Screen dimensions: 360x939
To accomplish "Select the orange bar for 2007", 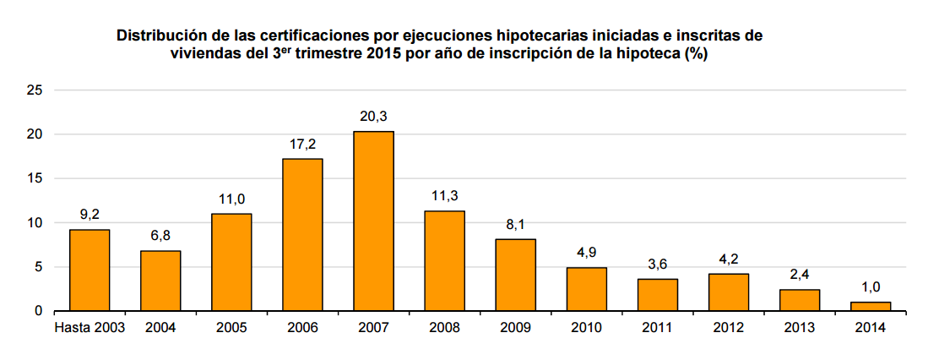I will [373, 221].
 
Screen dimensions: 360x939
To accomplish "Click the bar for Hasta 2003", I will [90, 270].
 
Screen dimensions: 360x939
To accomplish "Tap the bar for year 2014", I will [870, 307].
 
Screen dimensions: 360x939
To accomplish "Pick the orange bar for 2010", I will [586, 289].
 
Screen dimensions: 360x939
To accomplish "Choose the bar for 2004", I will [160, 281].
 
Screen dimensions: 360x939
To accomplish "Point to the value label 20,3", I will [373, 117].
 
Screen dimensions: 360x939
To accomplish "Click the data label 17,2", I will [302, 145].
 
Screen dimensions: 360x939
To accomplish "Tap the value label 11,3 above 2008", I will [444, 196].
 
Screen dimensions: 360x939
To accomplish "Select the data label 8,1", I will [515, 225].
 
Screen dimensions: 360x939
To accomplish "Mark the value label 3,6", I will [657, 265].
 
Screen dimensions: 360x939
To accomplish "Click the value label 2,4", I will [799, 275].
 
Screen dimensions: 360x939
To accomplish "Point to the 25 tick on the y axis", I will [35, 90].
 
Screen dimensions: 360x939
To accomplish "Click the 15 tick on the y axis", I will [35, 178].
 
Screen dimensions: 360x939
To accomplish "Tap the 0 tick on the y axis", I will [38, 311].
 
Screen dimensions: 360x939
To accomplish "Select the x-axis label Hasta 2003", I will [90, 328].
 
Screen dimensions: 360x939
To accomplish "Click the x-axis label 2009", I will [515, 328].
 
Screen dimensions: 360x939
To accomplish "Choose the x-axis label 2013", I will [799, 328].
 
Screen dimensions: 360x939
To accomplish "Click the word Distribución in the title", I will [166, 36].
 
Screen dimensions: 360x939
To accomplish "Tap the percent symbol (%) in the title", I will [696, 55].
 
